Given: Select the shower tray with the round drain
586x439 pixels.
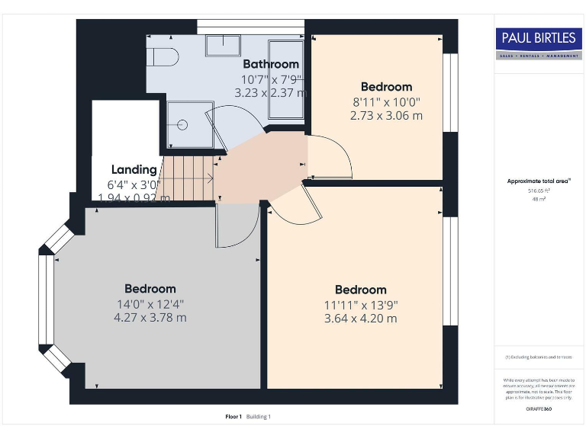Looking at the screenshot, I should tap(180, 127).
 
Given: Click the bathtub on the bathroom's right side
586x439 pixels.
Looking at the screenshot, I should tap(285, 80).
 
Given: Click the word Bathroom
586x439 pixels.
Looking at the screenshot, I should tap(271, 64).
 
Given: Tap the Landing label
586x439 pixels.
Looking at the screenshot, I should tap(134, 170).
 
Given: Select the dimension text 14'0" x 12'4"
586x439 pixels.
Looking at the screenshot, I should tap(151, 303).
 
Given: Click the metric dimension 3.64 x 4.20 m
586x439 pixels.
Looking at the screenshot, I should tap(361, 318).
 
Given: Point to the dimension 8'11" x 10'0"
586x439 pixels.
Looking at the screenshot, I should tap(386, 101).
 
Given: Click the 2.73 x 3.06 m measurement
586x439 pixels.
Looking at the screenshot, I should tap(386, 116).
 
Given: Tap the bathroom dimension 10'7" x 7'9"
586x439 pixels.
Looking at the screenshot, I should tap(271, 79).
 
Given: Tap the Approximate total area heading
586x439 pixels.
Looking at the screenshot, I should tap(539, 181).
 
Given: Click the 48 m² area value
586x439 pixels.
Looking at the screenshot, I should tap(539, 199).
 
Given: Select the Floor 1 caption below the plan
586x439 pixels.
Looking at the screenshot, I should tap(233, 417).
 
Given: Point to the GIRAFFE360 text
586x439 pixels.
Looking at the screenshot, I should tap(539, 410).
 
